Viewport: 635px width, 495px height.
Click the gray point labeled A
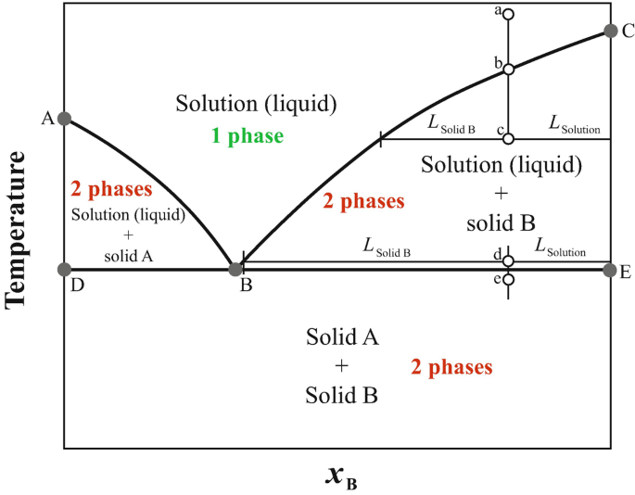coord(64,119)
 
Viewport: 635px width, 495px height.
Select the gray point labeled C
coord(610,31)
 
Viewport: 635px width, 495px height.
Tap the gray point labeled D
coord(64,270)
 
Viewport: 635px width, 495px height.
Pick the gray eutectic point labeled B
coord(235,269)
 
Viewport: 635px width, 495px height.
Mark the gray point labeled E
coord(609,270)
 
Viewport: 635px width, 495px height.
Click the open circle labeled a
coord(508,15)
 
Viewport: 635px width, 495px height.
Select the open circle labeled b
coord(508,69)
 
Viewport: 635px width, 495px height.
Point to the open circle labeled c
coord(508,139)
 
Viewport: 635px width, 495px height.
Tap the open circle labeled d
coord(508,260)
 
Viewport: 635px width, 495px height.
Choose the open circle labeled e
coord(508,279)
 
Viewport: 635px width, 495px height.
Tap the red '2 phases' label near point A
coord(111,190)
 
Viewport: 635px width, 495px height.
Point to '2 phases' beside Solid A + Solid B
coord(451,367)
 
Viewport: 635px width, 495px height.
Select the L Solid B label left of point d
coord(387,247)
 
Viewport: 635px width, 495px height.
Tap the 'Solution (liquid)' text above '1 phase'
coord(255,102)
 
